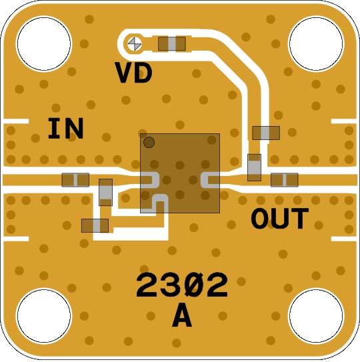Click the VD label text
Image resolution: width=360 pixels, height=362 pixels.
(134, 73)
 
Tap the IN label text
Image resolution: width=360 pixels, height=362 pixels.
(65, 129)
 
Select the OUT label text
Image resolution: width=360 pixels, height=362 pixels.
(279, 218)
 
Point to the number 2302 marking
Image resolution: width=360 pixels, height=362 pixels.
(182, 285)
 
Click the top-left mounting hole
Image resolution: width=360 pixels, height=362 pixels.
(44, 43)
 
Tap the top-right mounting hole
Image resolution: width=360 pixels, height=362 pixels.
(316, 43)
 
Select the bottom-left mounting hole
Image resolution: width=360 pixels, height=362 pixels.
(44, 315)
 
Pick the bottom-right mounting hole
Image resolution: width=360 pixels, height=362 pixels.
(316, 315)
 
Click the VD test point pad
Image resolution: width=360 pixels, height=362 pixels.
(135, 43)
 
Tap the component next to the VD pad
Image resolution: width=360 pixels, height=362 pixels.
(172, 43)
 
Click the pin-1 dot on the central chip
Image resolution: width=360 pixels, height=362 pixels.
(149, 142)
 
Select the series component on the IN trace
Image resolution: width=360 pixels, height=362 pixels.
(75, 180)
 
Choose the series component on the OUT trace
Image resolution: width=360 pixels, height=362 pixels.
(285, 180)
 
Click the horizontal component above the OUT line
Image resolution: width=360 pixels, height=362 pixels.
(266, 133)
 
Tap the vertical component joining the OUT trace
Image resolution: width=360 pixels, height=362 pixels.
(254, 167)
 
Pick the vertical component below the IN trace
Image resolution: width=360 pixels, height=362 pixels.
(106, 192)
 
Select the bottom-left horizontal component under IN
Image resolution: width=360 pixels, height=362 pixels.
(95, 226)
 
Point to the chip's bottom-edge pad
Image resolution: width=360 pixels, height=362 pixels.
(153, 203)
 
